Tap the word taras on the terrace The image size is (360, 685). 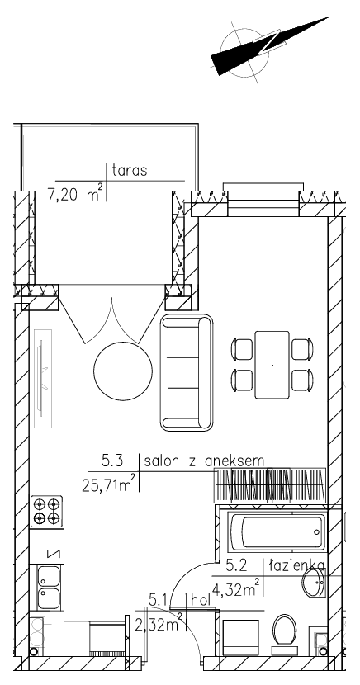click(x=130, y=170)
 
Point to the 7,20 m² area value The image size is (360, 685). click(x=75, y=192)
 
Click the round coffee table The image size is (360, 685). click(x=123, y=371)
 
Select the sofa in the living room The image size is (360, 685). click(x=187, y=372)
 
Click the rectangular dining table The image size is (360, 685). click(x=272, y=365)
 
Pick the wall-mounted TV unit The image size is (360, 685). click(x=43, y=378)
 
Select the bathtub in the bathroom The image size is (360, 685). click(x=278, y=532)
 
